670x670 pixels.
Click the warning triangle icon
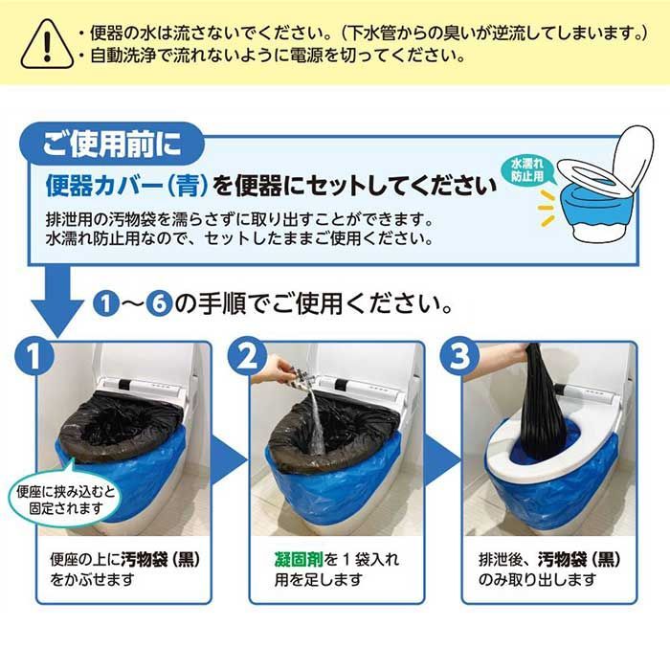click(x=47, y=44)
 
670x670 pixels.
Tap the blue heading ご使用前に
click(x=112, y=144)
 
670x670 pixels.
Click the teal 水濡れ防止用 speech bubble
click(x=529, y=170)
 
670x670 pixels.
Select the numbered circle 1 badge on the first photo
click(x=34, y=356)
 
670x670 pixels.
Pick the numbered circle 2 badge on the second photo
click(x=247, y=356)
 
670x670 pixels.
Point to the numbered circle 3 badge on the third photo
click(x=459, y=356)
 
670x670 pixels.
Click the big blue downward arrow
click(x=57, y=302)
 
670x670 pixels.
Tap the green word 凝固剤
click(x=299, y=559)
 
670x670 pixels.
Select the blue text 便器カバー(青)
click(x=127, y=186)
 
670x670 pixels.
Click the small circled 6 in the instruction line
click(x=159, y=303)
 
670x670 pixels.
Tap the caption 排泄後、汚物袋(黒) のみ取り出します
click(x=549, y=569)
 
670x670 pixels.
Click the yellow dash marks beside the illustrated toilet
click(x=546, y=209)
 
